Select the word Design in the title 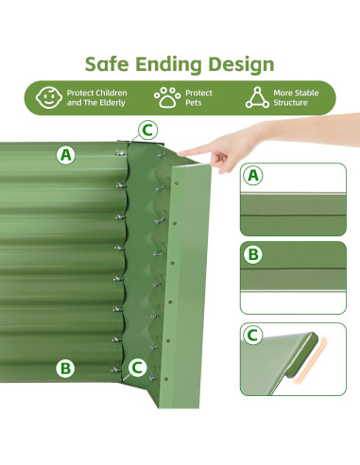(245, 64)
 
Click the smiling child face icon (47, 96)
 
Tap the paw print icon (166, 96)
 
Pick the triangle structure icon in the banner (256, 96)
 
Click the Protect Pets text (199, 97)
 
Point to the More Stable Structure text (296, 97)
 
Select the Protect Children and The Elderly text (96, 97)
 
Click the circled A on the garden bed (65, 154)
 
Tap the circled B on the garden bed (64, 369)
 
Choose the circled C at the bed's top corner (146, 129)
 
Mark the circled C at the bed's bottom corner (137, 367)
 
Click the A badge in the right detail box (253, 175)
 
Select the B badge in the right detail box (253, 254)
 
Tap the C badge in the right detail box (253, 335)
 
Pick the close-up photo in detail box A (293, 210)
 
